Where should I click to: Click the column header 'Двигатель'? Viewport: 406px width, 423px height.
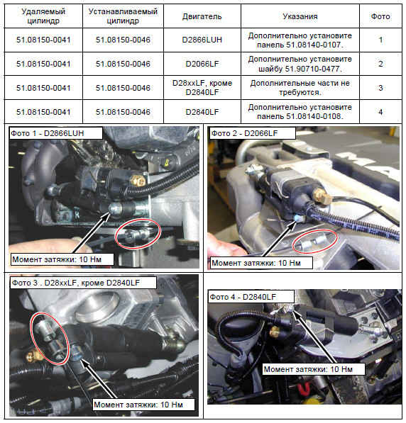(x=202, y=16)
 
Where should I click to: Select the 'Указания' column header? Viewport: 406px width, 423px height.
(x=300, y=16)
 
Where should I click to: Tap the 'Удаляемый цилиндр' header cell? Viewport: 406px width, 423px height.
(x=43, y=16)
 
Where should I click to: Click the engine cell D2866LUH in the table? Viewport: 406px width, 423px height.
(x=202, y=40)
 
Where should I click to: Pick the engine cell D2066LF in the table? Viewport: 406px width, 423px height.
(x=202, y=64)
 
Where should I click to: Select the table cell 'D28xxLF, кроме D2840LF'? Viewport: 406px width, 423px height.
(x=202, y=88)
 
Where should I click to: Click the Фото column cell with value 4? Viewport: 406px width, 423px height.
(x=380, y=112)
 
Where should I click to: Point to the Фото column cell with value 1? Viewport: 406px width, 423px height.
(x=380, y=40)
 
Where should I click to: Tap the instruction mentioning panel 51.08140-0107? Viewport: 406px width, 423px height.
(x=300, y=40)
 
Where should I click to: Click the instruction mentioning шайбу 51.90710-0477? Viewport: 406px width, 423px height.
(x=300, y=64)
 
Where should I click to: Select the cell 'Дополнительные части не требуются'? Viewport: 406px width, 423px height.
(x=300, y=88)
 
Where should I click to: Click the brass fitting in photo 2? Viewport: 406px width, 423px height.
(x=322, y=196)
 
